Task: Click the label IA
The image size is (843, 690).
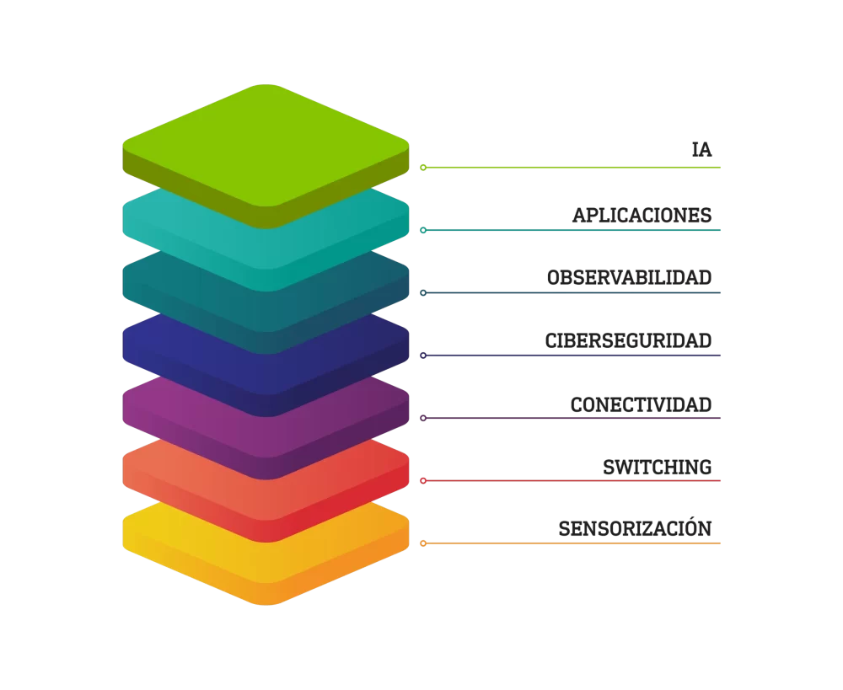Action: click(x=701, y=149)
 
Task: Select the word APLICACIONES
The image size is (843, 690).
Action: click(x=642, y=215)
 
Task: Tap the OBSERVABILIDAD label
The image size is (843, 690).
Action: click(x=630, y=277)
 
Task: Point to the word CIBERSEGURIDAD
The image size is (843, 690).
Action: click(x=629, y=340)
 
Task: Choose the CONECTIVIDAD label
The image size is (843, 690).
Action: click(x=642, y=404)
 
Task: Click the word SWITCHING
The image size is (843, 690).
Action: click(x=658, y=468)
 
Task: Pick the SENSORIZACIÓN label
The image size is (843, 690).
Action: click(x=635, y=528)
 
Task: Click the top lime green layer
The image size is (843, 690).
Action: click(x=266, y=146)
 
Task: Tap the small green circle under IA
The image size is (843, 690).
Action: click(x=423, y=168)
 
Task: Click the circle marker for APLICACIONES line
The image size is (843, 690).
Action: click(x=423, y=230)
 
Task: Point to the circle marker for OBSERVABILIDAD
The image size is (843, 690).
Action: click(x=423, y=293)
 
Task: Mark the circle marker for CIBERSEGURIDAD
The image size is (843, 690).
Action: click(x=423, y=356)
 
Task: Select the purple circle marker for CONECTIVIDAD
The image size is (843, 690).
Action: click(x=423, y=418)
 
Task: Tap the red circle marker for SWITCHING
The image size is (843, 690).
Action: click(x=423, y=480)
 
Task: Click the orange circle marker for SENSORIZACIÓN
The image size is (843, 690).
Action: click(x=423, y=543)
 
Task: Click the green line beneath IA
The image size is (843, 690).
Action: click(x=573, y=168)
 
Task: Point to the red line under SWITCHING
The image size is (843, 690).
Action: click(x=573, y=480)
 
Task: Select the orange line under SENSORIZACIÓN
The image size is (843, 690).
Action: click(x=573, y=543)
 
